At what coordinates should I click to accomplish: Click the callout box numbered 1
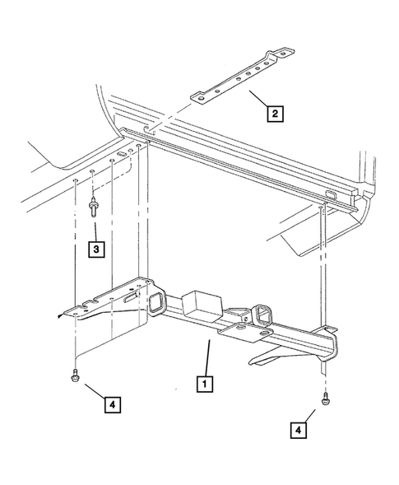pos(203,383)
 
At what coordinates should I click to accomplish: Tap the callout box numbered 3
pos(96,247)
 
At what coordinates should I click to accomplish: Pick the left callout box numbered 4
pos(114,404)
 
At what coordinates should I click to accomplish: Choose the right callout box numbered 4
pos(302,427)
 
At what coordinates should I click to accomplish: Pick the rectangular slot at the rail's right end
pos(330,194)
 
